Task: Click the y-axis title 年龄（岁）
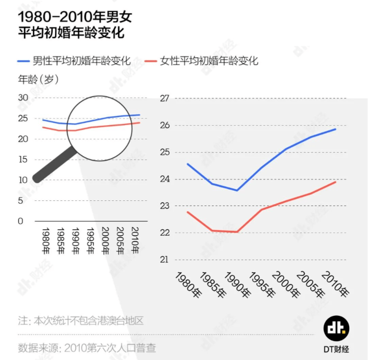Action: [39, 80]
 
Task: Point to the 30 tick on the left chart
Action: [23, 98]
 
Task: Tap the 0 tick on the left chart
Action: [20, 221]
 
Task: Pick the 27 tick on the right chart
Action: [164, 99]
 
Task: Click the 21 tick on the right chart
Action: [164, 260]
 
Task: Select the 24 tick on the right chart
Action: [164, 179]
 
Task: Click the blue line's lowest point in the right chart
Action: [236, 190]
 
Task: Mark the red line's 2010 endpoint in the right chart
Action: [336, 182]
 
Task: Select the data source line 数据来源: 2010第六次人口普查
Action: [87, 348]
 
